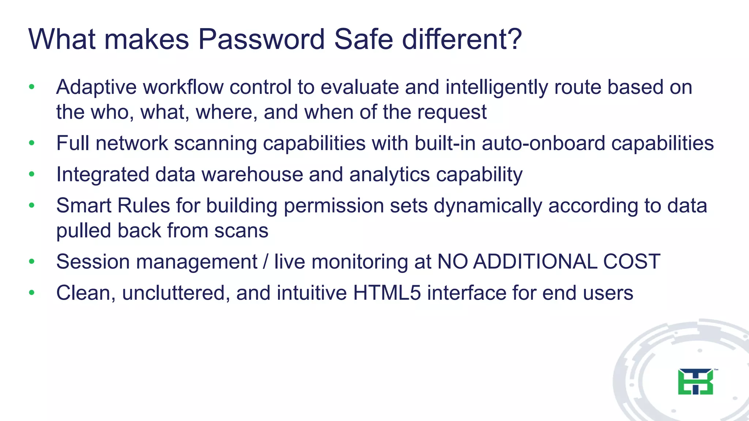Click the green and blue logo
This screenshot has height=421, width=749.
(696, 382)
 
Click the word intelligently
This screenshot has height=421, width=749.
(497, 88)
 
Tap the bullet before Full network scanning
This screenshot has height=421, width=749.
(32, 143)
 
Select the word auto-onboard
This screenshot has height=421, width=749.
(543, 143)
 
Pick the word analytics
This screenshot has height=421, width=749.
(389, 174)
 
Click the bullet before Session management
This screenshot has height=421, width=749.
(32, 262)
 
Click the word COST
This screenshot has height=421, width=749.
(632, 262)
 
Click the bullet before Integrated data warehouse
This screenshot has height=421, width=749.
(32, 174)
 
